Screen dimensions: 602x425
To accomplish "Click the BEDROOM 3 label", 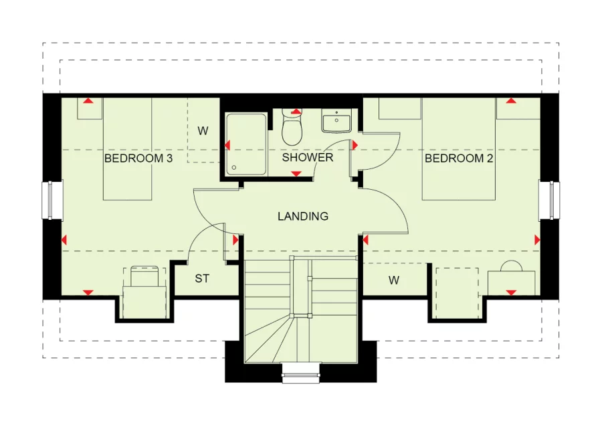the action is click(x=138, y=158).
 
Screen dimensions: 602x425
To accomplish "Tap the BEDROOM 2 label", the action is click(x=459, y=158).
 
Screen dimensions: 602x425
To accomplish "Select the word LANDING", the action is click(x=303, y=217).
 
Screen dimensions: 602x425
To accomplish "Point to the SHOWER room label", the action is click(x=308, y=157).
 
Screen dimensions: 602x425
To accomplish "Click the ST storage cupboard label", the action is click(x=202, y=279).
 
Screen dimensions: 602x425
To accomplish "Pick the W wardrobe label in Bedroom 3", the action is click(x=203, y=131).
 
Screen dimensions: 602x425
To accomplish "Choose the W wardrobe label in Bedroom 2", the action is click(x=393, y=281).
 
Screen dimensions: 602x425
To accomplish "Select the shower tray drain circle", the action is click(x=234, y=168).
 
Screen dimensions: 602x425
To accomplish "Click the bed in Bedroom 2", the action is click(x=459, y=149).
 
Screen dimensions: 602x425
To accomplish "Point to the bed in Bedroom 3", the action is click(x=128, y=149).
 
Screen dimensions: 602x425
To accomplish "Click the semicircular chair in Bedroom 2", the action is click(x=512, y=266).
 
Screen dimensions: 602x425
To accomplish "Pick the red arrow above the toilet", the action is click(x=296, y=112).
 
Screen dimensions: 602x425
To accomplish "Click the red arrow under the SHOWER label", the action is click(x=296, y=174).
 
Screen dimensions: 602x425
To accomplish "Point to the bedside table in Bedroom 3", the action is click(x=90, y=108).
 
